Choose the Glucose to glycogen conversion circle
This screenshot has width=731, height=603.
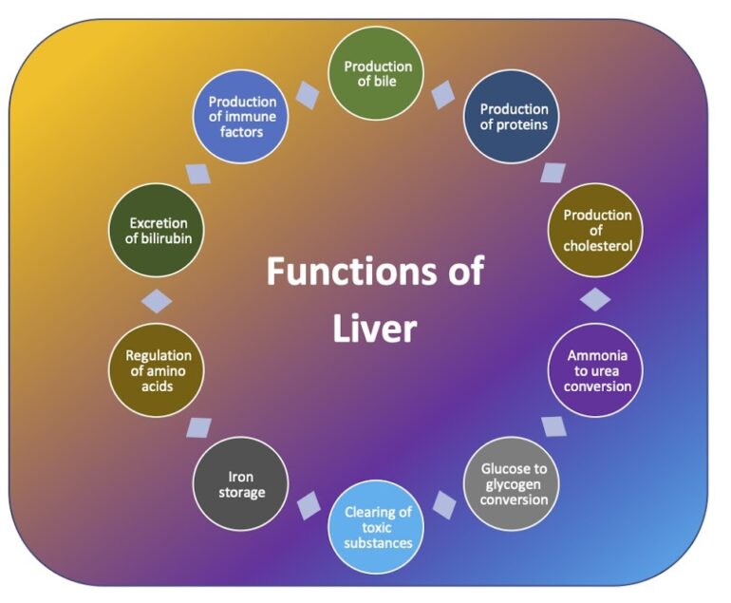(x=514, y=483)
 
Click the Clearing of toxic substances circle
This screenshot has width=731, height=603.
(x=378, y=527)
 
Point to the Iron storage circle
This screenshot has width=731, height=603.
(x=241, y=484)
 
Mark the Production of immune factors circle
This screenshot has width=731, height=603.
(x=241, y=117)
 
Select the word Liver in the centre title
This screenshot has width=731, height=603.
(x=375, y=329)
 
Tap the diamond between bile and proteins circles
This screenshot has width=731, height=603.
(x=443, y=94)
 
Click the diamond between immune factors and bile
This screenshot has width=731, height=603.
(x=308, y=94)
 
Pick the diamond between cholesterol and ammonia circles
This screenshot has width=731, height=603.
(x=595, y=300)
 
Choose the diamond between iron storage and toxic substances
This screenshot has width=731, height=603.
(x=308, y=507)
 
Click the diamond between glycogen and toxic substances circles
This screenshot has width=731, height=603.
(x=444, y=504)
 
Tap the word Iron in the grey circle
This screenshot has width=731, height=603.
(x=241, y=478)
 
